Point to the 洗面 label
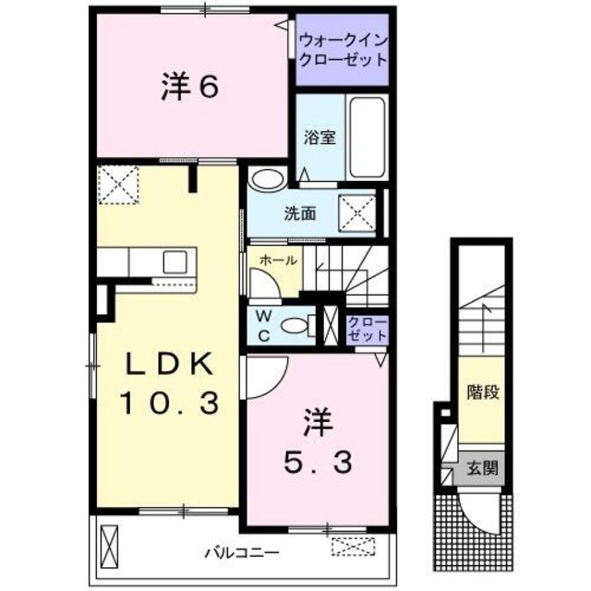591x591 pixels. click(x=299, y=213)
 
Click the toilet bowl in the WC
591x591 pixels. click(x=296, y=325)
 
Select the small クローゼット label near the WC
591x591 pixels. click(x=368, y=329)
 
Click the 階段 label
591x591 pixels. click(x=483, y=391)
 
